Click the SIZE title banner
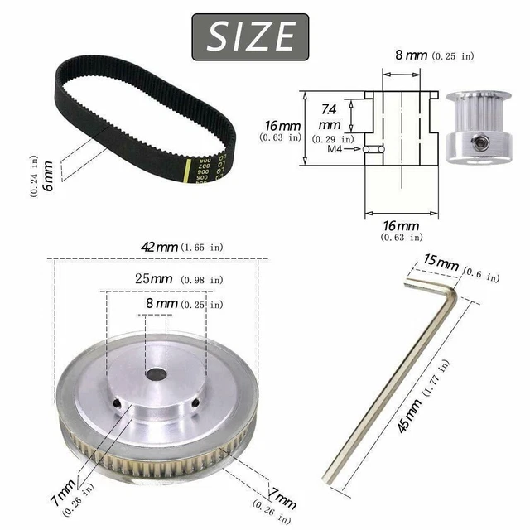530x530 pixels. (249, 36)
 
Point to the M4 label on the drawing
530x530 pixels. (335, 150)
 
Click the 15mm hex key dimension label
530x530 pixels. (441, 264)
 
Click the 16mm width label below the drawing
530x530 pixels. (400, 225)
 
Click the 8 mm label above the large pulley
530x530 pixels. (161, 305)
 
